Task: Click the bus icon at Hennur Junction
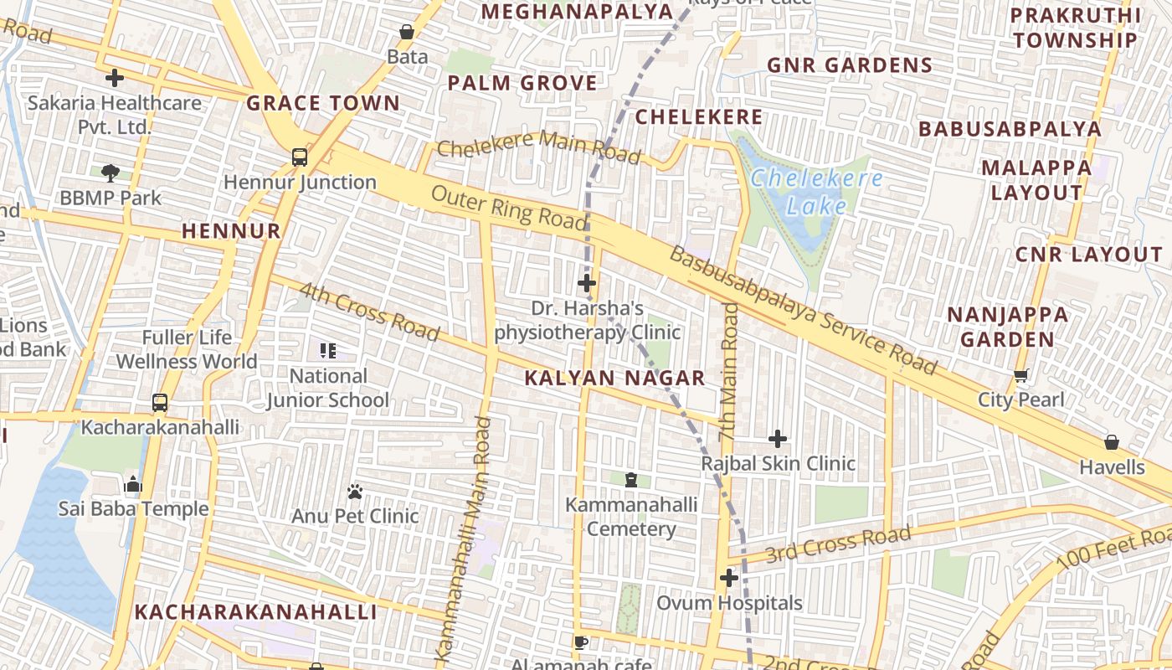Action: [299, 157]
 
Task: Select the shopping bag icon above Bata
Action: [407, 32]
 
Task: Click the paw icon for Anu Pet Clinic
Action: [355, 491]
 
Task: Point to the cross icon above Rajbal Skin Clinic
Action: [778, 438]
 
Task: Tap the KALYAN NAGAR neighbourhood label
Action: [614, 378]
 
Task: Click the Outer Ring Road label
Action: [509, 207]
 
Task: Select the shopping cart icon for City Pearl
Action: [1020, 375]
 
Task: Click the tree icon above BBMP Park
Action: [111, 173]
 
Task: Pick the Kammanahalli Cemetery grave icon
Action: [631, 480]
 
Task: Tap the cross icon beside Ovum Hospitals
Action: [729, 578]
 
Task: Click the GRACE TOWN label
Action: [323, 103]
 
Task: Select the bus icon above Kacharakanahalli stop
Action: [160, 403]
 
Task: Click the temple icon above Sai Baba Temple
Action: [133, 484]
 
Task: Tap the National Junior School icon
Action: [327, 351]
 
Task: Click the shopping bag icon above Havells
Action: [1112, 441]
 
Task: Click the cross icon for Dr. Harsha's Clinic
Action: [587, 283]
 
